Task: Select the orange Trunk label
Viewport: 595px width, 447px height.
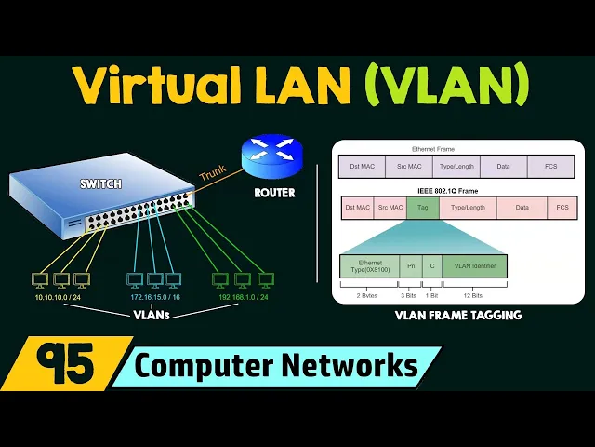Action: pos(213,173)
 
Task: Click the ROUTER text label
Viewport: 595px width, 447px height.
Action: pos(274,193)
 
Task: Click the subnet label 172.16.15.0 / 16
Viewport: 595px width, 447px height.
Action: pos(154,298)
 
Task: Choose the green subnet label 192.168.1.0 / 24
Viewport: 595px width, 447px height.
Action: pos(243,298)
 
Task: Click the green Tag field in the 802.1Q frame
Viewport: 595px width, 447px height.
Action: pos(422,208)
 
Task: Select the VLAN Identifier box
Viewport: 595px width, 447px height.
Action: pos(474,266)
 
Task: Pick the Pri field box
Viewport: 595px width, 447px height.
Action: pos(411,266)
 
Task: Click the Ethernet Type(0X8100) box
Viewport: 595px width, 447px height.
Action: pos(370,266)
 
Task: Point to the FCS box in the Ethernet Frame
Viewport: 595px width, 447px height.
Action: pos(550,167)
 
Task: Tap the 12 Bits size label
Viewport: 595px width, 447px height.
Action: pos(474,294)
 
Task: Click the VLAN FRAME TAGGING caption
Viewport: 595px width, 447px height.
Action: pos(456,316)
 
